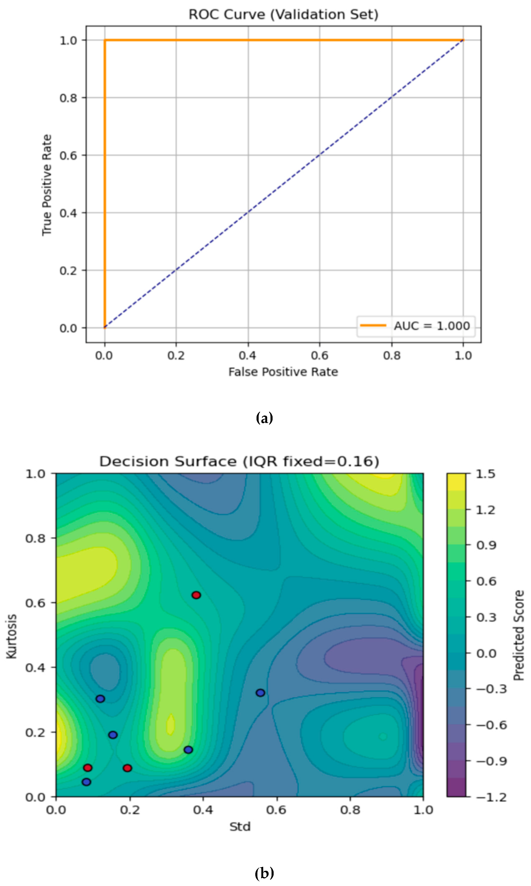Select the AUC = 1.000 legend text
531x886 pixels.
coord(432,326)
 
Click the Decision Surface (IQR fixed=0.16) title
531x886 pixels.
coord(239,461)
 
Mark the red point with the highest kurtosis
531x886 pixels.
coord(196,595)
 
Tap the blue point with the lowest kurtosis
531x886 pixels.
coord(87,782)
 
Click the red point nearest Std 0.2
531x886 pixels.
coord(127,768)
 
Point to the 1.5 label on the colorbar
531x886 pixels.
coord(486,474)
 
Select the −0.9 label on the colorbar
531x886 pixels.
coord(491,761)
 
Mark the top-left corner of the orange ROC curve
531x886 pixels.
coord(105,40)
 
